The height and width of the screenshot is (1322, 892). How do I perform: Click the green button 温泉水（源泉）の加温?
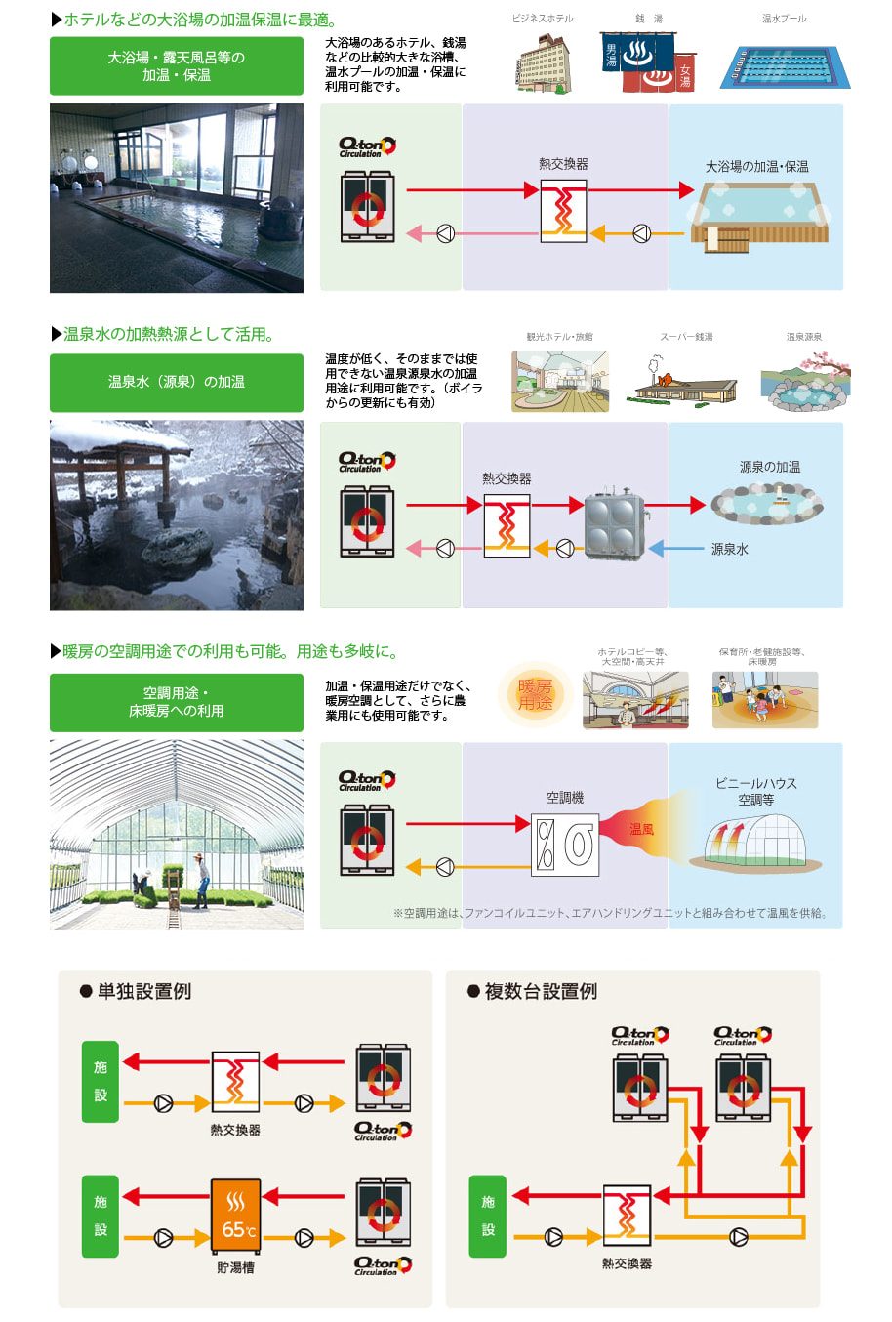[x=177, y=382]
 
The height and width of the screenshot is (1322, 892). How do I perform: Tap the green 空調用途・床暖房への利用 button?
[x=177, y=702]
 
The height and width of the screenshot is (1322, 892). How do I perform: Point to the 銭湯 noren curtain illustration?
[x=649, y=62]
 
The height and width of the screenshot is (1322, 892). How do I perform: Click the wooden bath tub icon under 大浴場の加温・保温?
[x=759, y=217]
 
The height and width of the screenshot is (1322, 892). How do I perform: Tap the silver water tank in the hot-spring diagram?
[x=615, y=525]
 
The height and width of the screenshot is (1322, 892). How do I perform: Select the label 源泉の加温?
[x=770, y=467]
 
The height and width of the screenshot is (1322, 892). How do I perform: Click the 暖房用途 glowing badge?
[x=535, y=694]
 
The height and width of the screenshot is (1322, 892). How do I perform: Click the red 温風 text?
[x=641, y=829]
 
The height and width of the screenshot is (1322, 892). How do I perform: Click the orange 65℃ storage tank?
[x=235, y=1216]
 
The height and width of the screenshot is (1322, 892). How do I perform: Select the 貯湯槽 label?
[x=235, y=1267]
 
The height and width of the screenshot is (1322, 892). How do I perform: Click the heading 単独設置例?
[x=143, y=991]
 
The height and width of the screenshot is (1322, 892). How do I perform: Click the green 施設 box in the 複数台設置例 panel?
[x=488, y=1216]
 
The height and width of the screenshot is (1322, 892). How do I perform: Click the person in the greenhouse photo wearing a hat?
[x=200, y=880]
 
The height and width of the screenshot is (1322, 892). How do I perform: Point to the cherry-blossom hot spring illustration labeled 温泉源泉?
[x=804, y=381]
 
